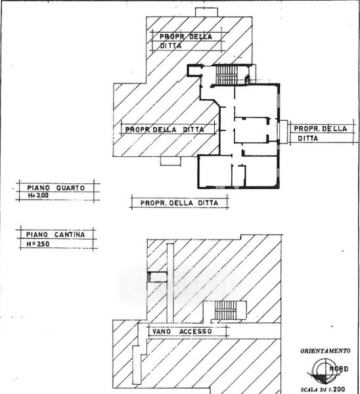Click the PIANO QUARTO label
click(x=56, y=188)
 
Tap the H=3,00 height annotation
click(x=38, y=195)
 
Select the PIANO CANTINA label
click(x=55, y=234)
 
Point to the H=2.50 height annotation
click(x=38, y=244)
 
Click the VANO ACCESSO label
click(x=182, y=332)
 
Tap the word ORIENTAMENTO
click(x=325, y=351)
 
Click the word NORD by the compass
click(x=338, y=369)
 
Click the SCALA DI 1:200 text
click(x=323, y=389)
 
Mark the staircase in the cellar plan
click(x=225, y=310)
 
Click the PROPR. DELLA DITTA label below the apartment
click(x=179, y=203)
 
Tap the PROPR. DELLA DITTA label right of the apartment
click(x=321, y=133)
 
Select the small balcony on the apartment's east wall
click(x=284, y=132)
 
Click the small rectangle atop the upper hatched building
click(x=207, y=12)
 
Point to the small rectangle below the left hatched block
click(x=170, y=161)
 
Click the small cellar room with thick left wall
click(x=157, y=276)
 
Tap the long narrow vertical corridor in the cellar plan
click(x=170, y=283)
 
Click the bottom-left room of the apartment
click(x=215, y=171)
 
